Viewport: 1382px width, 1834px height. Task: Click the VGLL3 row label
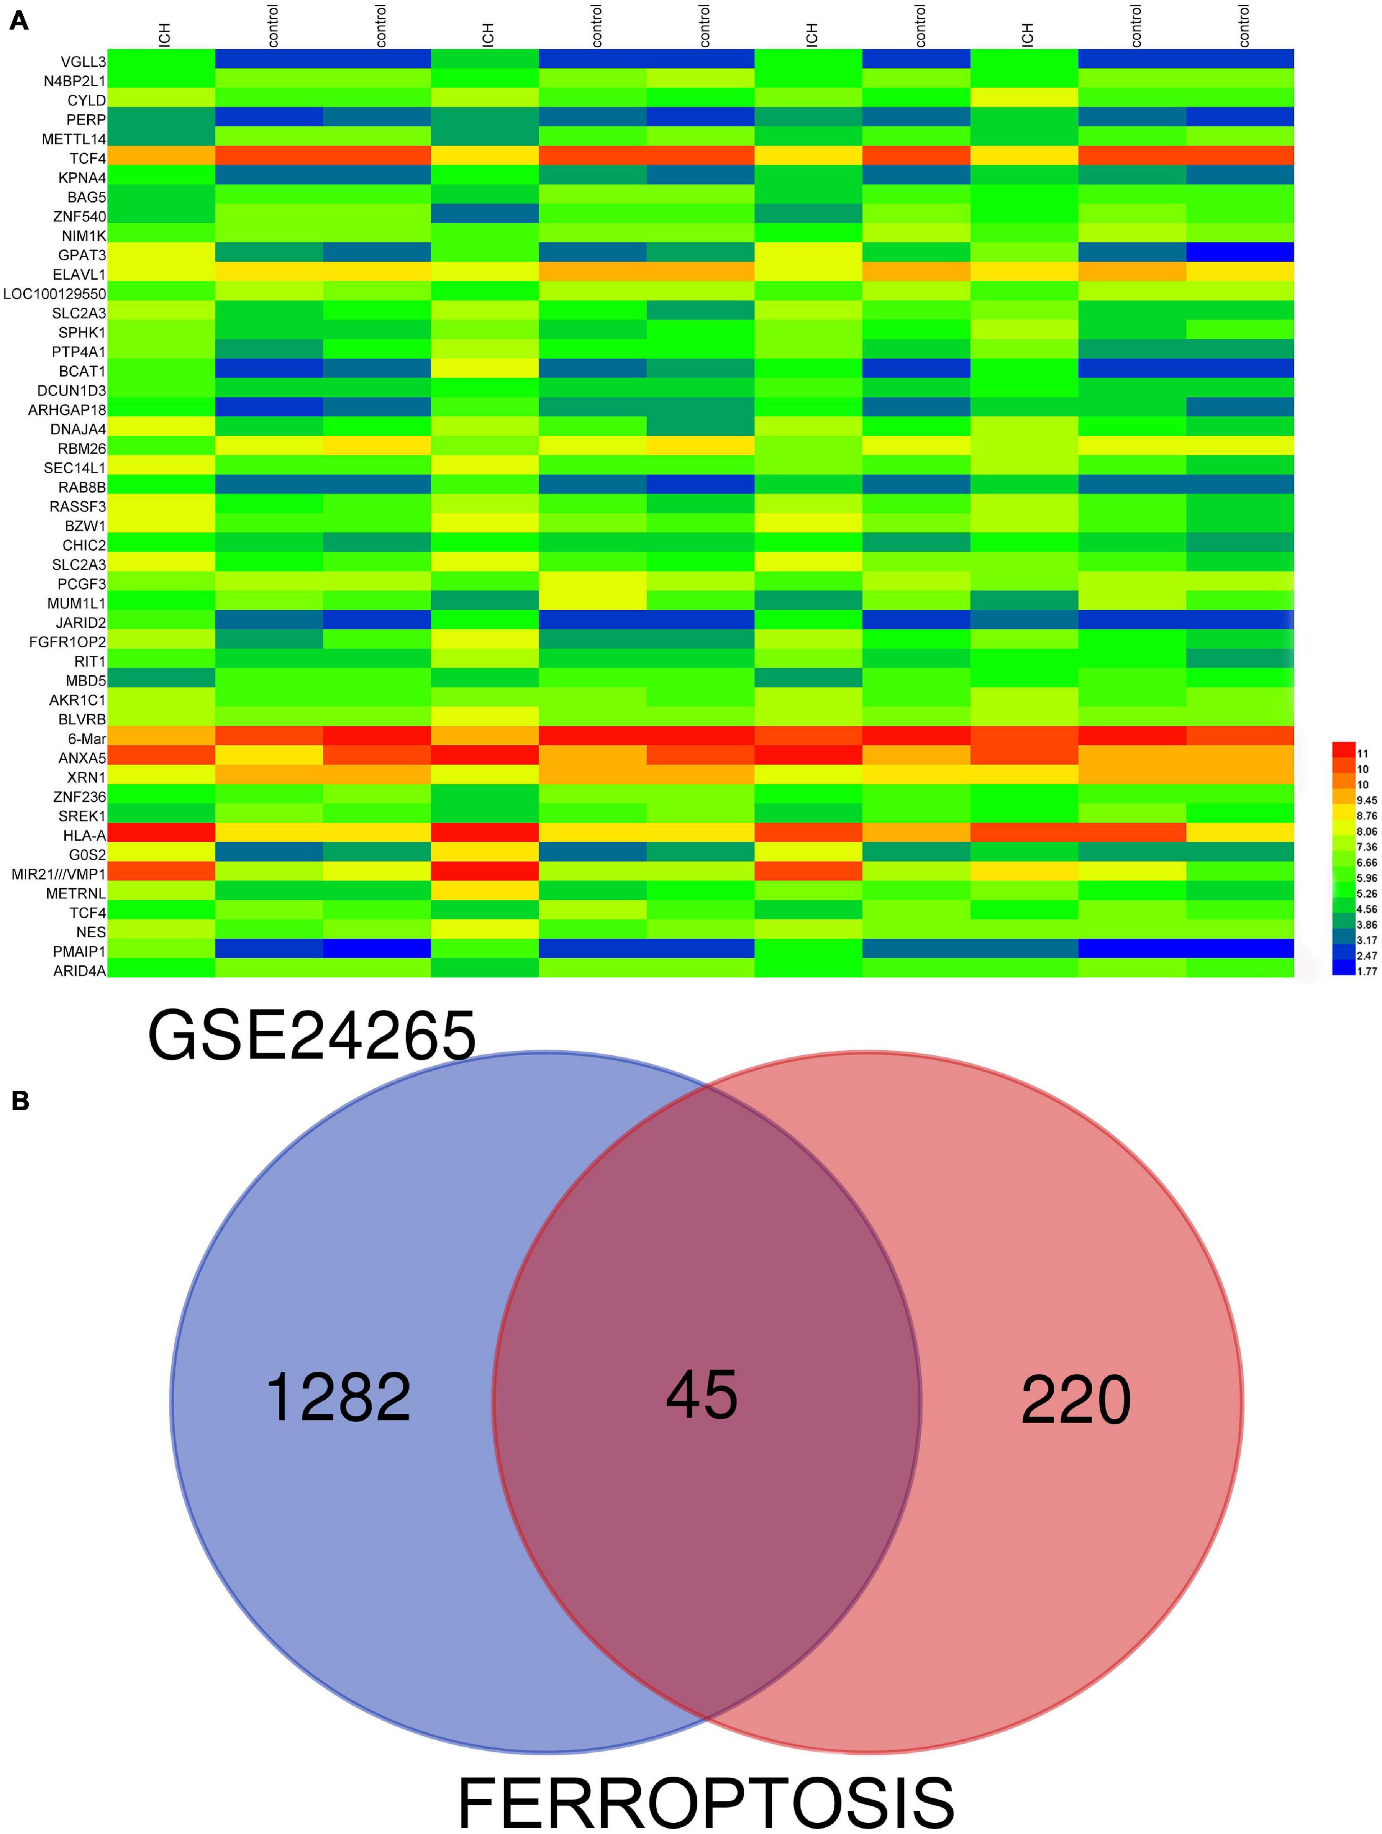(83, 61)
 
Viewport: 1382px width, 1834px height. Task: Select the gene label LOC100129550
(55, 293)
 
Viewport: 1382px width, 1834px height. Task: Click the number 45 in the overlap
(701, 1395)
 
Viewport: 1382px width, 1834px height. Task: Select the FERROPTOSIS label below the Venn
(705, 1799)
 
